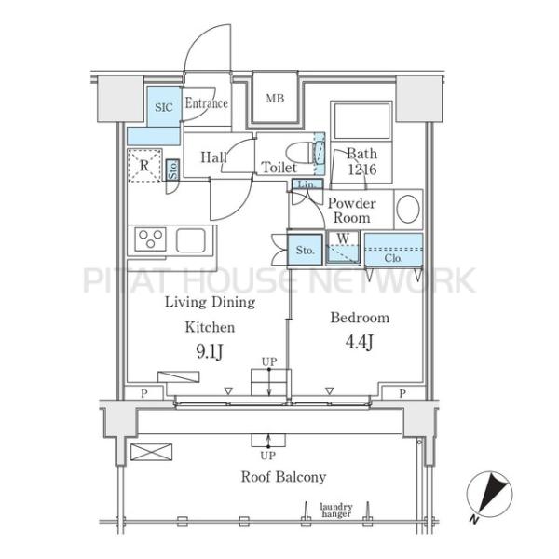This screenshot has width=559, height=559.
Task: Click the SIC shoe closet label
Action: pos(164,107)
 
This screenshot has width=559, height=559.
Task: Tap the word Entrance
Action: pos(207,103)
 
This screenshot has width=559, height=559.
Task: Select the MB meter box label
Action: pos(275,98)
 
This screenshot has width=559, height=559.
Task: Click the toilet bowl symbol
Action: pos(302,154)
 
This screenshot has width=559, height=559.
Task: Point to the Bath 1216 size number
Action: pos(361,169)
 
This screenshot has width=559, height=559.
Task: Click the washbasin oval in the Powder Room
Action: pos(408,209)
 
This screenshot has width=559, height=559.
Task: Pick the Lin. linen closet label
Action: pos(307,184)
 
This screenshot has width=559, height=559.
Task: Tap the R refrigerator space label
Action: pos(144,166)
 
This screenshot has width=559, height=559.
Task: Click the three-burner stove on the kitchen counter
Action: pos(150,239)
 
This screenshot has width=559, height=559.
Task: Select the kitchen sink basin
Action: pos(191,240)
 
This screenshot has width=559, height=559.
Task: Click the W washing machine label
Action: pos(343,239)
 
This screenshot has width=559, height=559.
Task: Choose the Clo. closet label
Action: pos(393,258)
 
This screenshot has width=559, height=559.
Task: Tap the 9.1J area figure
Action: pos(210,351)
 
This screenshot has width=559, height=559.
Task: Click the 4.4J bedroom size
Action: pos(360,342)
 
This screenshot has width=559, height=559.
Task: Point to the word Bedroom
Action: pos(360,318)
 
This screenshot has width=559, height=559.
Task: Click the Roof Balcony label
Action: pos(283,477)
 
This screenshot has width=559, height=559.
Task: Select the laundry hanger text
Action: pos(336,511)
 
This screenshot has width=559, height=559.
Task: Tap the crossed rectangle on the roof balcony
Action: pos(151,452)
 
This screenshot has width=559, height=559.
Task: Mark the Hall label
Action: pos(213,157)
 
